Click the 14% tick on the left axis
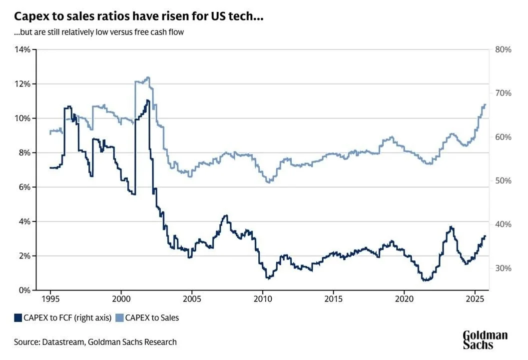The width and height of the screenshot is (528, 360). pos(23,49)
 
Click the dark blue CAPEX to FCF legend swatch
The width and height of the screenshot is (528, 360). pos(18,317)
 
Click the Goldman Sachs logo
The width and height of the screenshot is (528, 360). pos(484,339)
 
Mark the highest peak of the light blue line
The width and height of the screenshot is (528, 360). pos(148,77)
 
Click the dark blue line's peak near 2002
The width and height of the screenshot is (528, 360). pos(147,100)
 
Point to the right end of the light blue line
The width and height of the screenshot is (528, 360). pos(485,104)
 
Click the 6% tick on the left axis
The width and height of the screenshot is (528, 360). pos(24,187)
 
